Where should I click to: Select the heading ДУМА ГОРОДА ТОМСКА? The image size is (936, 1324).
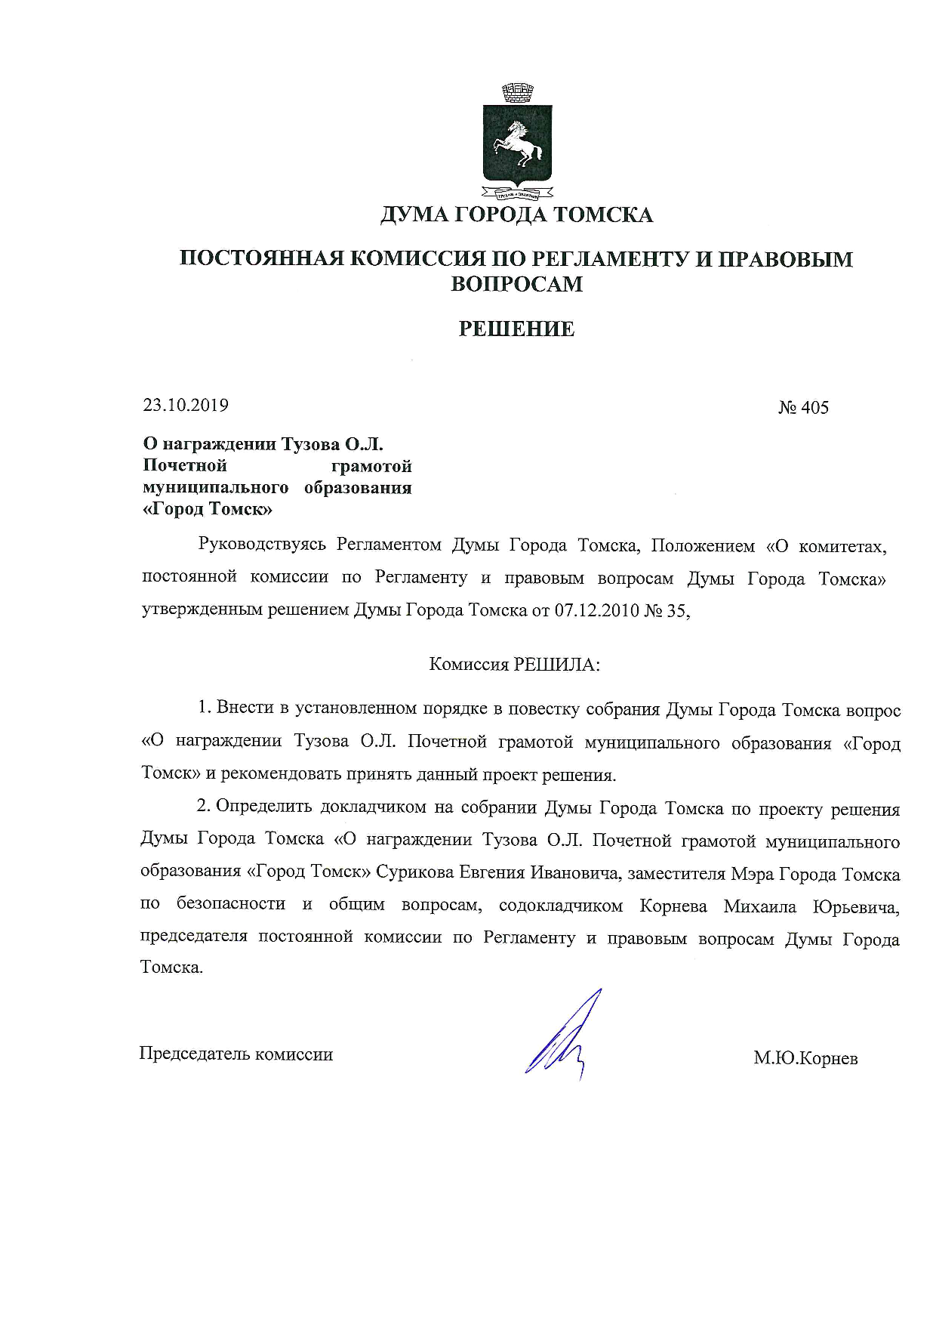point(516,215)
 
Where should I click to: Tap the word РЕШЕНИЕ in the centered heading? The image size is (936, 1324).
point(517,329)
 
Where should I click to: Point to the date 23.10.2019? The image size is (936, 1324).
point(186,406)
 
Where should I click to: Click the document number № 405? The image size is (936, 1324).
point(803,408)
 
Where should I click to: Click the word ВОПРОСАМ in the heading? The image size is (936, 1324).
point(516,284)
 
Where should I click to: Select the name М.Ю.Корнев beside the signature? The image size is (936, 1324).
point(805,1058)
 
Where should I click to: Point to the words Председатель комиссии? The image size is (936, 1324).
point(236,1054)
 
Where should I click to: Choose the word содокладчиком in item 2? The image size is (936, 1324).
point(562,906)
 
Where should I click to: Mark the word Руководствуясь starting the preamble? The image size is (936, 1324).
point(261,545)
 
